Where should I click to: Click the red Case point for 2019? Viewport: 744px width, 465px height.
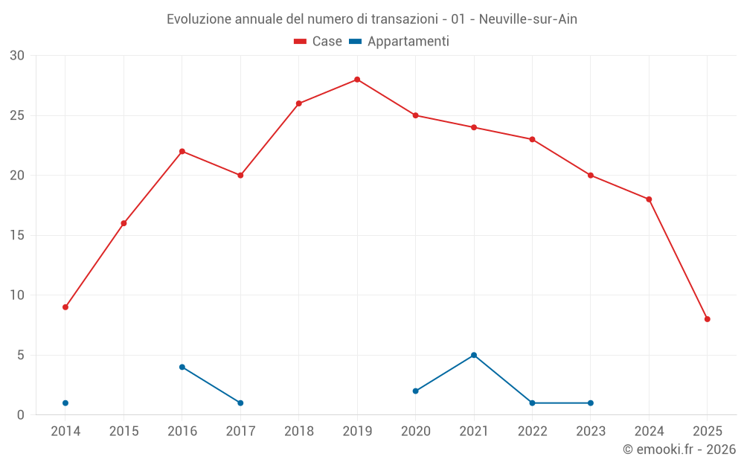tap(357, 80)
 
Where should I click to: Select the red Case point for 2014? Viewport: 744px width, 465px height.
tap(65, 307)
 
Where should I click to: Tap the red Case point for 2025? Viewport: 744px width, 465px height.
tap(708, 319)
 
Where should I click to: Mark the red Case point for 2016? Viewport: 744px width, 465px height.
tap(182, 151)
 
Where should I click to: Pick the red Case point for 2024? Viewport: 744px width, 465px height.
tap(649, 199)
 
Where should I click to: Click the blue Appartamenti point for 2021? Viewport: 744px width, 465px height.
tap(474, 355)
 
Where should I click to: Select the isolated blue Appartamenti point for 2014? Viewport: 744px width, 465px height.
tap(65, 403)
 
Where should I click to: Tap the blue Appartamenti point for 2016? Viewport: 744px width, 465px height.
tap(182, 367)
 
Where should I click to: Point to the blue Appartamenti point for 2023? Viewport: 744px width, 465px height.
tap(591, 403)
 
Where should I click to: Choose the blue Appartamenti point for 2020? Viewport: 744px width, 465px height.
tap(416, 391)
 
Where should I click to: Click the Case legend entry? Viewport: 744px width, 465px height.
tap(318, 42)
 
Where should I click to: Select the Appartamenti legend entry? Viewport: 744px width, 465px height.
tap(400, 42)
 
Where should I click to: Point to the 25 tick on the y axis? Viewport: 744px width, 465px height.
tap(17, 115)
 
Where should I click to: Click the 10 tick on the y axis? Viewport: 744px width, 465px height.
tap(17, 295)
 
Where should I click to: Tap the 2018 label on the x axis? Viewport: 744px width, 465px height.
tap(299, 432)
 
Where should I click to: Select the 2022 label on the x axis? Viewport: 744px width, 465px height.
tap(532, 432)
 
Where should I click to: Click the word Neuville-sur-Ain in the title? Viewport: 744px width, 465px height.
tap(528, 19)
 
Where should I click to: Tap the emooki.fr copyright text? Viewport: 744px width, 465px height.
tap(679, 449)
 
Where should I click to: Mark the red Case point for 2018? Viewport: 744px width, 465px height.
tap(299, 103)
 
